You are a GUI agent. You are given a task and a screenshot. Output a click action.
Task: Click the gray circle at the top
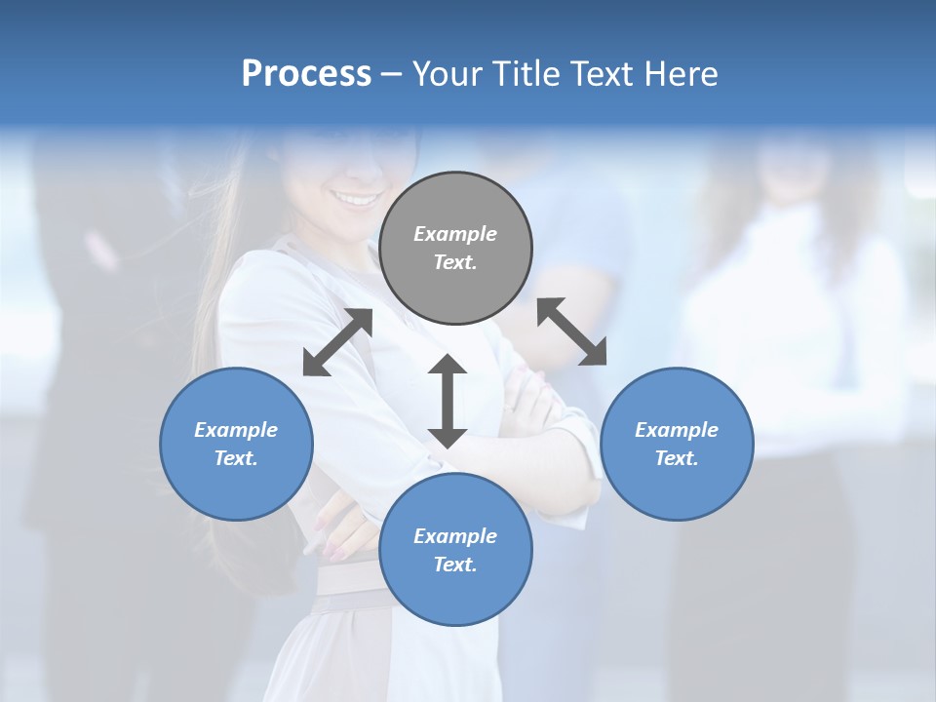pyautogui.click(x=455, y=249)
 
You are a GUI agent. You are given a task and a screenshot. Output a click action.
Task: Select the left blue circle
pyautogui.click(x=236, y=444)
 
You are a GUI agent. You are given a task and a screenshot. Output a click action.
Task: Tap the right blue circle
pyautogui.click(x=677, y=444)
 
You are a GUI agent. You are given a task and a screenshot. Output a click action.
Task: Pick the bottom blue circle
pyautogui.click(x=455, y=550)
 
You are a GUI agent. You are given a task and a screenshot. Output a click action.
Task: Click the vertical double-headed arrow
pyautogui.click(x=448, y=401)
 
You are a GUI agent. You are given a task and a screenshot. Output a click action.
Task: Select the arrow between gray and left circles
pyautogui.click(x=337, y=342)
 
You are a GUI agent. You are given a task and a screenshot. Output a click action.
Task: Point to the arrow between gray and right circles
pyautogui.click(x=572, y=331)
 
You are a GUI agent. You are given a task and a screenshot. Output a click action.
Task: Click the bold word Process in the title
pyautogui.click(x=306, y=73)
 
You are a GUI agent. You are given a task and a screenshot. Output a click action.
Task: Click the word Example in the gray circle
pyautogui.click(x=455, y=234)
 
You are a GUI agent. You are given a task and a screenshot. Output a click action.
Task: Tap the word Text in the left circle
pyautogui.click(x=236, y=458)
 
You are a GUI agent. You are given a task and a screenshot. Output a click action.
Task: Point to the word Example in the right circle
pyautogui.click(x=677, y=430)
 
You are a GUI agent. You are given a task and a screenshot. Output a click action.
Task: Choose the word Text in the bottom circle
pyautogui.click(x=455, y=565)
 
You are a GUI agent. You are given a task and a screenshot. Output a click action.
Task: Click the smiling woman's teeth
pyautogui.click(x=358, y=200)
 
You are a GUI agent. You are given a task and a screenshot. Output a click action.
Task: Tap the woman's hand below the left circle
pyautogui.click(x=336, y=526)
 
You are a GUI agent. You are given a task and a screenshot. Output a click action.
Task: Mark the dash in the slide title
pyautogui.click(x=392, y=74)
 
